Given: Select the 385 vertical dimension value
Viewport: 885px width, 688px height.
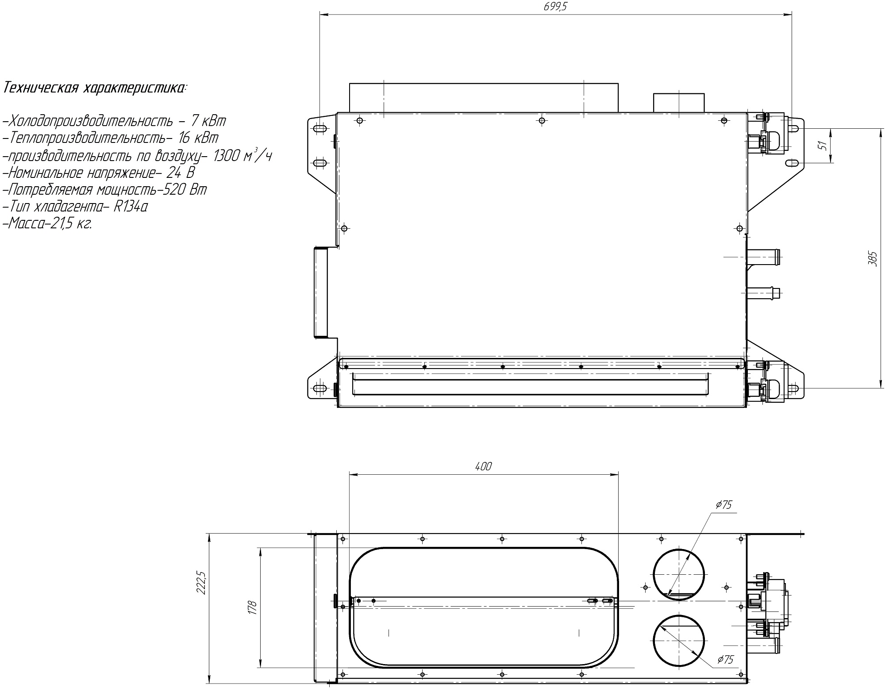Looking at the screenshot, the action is point(872,258).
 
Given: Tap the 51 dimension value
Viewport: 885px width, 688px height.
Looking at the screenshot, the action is point(823,145).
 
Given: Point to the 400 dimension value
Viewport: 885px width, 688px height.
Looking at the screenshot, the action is point(483,466).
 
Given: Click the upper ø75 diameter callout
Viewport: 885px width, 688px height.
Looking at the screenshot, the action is point(724,505).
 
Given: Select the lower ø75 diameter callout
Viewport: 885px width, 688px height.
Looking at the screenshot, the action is point(725,672).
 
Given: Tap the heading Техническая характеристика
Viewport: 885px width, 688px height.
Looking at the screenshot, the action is point(94,88).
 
